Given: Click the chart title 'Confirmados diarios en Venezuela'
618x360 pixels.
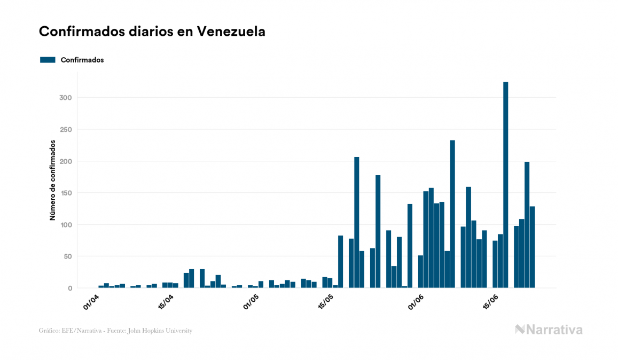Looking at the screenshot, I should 152,32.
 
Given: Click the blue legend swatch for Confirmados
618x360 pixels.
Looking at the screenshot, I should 48,60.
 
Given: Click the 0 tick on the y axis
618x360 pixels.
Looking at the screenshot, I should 69,288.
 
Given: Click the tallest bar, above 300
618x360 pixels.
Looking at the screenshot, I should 505,184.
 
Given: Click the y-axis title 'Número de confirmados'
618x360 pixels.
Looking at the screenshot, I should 53,180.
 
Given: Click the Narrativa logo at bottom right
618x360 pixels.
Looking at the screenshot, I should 549,330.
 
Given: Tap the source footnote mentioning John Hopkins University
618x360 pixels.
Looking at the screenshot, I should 115,331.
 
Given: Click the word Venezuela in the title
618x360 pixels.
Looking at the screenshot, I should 231,32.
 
